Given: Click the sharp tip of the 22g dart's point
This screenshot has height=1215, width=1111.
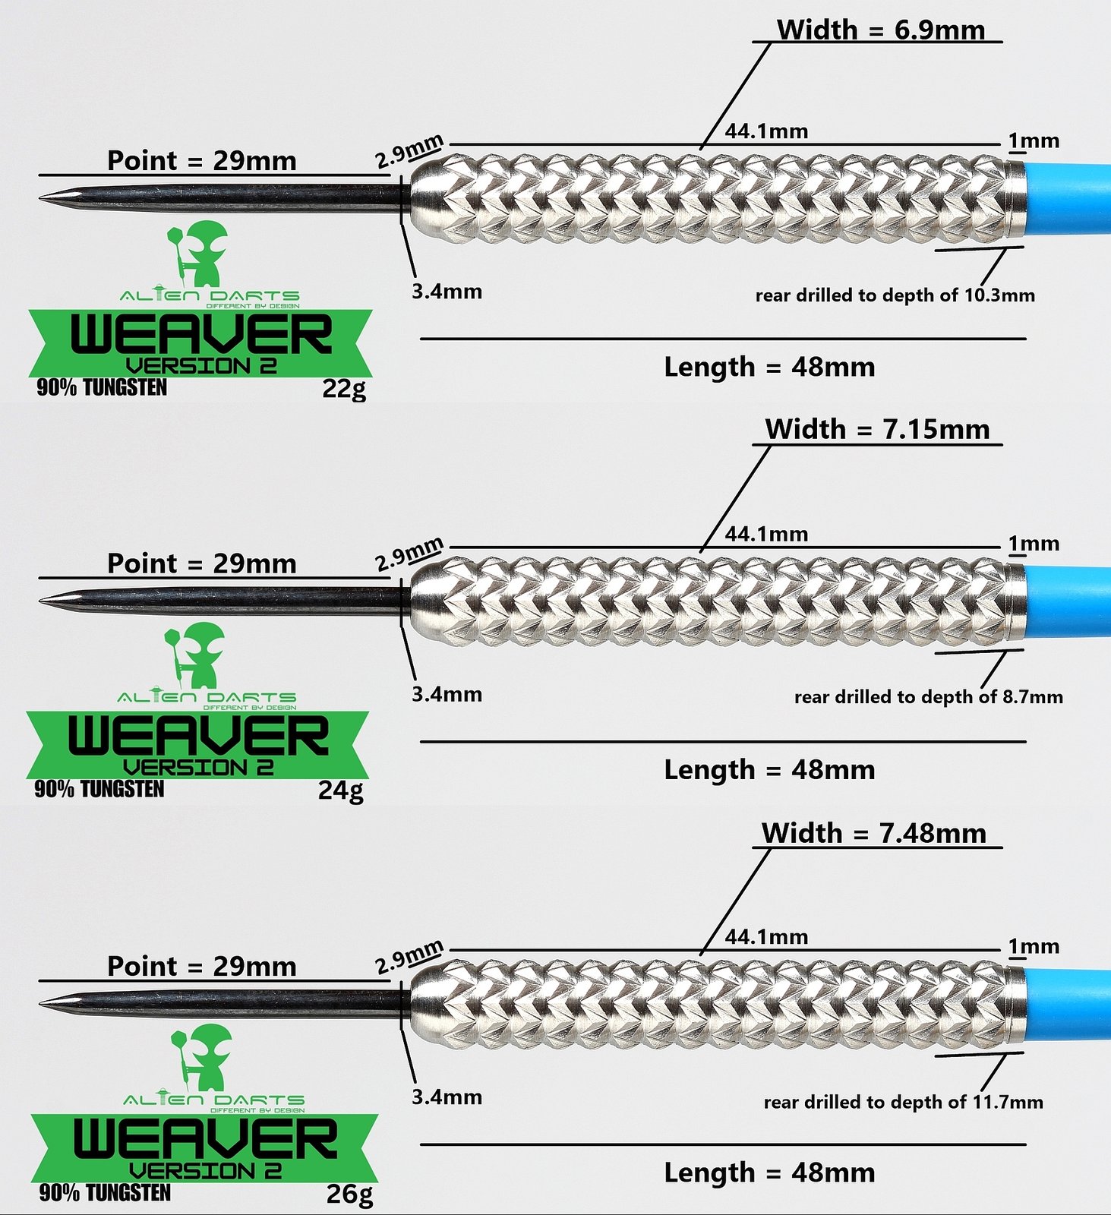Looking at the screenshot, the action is click(40, 198).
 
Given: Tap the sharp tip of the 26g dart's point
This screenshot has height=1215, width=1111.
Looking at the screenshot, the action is click(40, 1004).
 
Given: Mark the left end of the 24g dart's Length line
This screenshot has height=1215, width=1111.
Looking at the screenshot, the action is click(421, 741).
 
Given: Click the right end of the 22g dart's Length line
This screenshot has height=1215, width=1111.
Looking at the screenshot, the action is click(1026, 339).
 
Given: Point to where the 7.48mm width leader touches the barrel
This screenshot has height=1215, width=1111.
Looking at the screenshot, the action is click(701, 954).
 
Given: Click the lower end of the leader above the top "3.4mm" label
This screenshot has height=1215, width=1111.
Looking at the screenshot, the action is click(415, 276).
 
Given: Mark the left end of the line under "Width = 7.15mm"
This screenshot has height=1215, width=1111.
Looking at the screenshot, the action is click(753, 444).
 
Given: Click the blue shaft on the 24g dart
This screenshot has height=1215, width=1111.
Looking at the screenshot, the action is click(1067, 603).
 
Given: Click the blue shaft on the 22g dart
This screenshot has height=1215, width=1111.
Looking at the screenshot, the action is click(1067, 200).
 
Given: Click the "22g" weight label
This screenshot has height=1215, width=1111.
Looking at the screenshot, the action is click(344, 389).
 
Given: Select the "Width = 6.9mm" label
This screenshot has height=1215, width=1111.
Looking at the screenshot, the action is click(881, 30).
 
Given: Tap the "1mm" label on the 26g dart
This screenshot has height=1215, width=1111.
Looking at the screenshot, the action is click(1034, 946).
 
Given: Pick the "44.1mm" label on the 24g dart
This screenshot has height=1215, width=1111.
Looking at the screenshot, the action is click(766, 534).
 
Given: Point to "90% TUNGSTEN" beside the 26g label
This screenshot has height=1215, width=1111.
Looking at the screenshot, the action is click(105, 1192).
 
